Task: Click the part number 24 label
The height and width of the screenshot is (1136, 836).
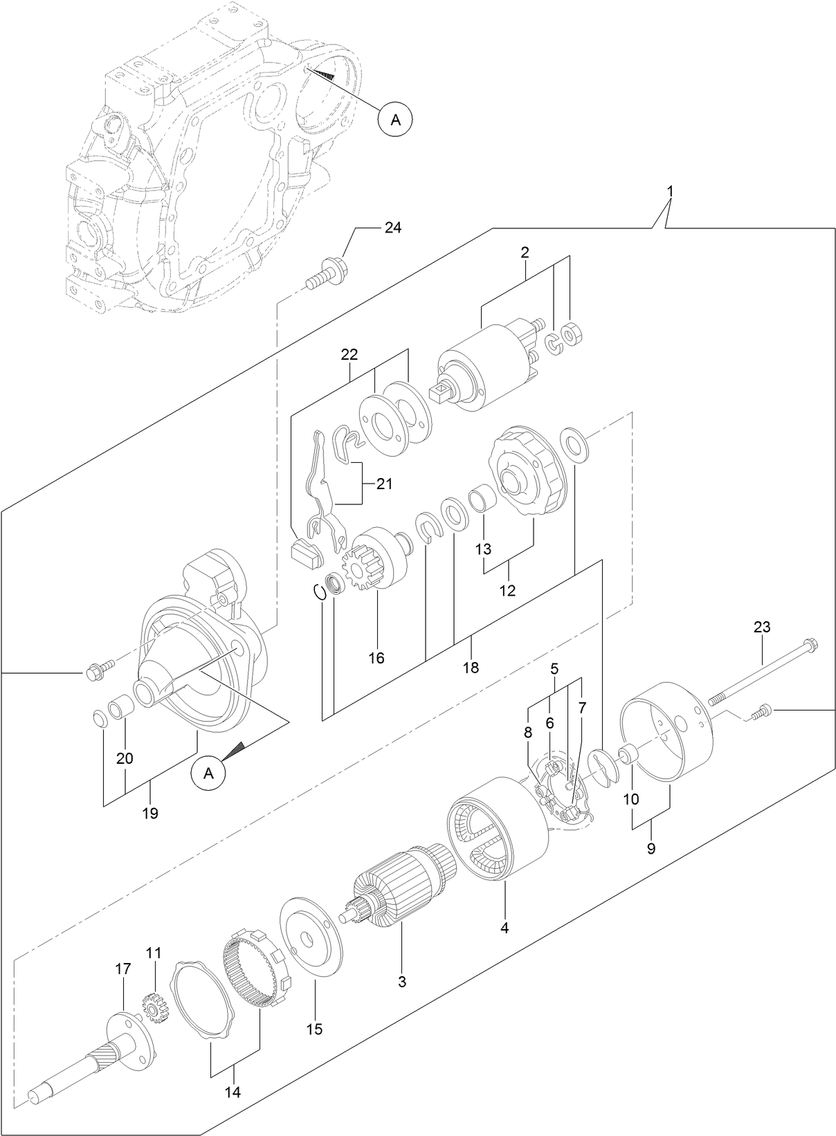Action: click(392, 228)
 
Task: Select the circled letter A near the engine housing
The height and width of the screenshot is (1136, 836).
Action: click(395, 119)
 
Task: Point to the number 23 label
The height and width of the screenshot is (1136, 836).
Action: click(762, 627)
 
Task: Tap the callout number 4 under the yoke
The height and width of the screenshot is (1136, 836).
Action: click(505, 927)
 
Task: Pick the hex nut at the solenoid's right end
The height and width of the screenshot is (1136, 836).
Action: click(573, 335)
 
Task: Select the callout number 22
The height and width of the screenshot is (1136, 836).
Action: click(349, 354)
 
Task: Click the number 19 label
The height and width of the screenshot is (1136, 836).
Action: click(150, 813)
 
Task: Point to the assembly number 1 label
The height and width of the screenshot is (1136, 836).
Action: click(669, 170)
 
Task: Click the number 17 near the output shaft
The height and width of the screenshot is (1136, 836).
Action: click(122, 969)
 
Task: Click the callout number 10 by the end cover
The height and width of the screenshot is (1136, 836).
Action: click(630, 798)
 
